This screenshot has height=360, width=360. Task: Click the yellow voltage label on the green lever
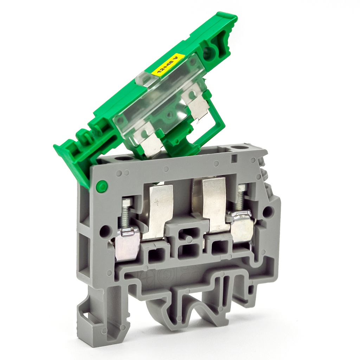(x=168, y=64)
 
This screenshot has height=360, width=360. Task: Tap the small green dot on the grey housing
(x=102, y=186)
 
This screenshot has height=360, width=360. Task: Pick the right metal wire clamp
(x=242, y=227)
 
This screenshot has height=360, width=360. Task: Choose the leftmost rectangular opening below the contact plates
(x=156, y=255)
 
